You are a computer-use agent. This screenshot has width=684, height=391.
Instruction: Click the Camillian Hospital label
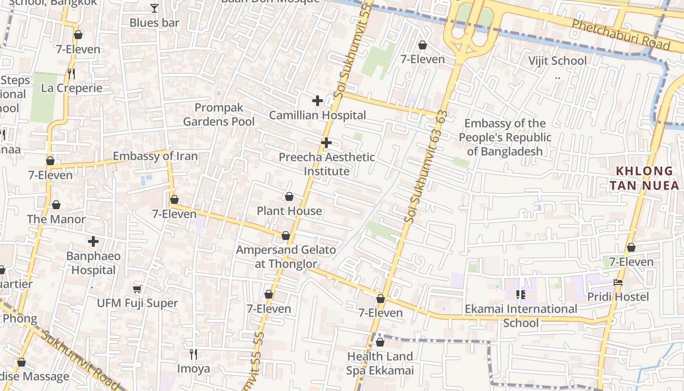coord(318,115)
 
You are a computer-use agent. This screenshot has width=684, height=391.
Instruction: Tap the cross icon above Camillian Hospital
coord(318,101)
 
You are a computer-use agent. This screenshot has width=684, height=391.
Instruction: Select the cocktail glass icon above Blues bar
coord(154,8)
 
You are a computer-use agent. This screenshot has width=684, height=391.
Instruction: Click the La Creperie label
coord(72,88)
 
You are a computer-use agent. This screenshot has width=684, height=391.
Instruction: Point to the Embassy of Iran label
coord(155,156)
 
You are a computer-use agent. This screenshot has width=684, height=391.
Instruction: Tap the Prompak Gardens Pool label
coord(219,114)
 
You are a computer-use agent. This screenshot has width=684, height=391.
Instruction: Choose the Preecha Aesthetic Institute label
coord(327,164)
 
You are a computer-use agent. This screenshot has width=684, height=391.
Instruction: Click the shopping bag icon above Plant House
coord(289,196)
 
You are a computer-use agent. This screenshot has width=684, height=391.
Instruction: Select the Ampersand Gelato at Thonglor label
coord(286,257)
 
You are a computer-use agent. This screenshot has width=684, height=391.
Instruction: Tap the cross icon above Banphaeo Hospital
coord(93,241)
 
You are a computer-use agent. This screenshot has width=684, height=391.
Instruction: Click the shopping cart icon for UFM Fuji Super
coord(137,289)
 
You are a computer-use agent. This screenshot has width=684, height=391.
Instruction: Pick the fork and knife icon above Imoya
coord(193,354)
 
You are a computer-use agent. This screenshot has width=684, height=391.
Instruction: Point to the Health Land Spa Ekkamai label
coord(380,363)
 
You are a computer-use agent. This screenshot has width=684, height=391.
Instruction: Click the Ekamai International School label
coord(521,316)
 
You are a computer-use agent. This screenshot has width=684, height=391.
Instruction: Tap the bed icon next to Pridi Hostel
coord(618,282)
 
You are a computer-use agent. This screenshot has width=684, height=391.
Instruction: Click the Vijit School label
coord(557,61)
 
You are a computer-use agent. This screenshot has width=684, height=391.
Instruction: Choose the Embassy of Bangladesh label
coord(505,137)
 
